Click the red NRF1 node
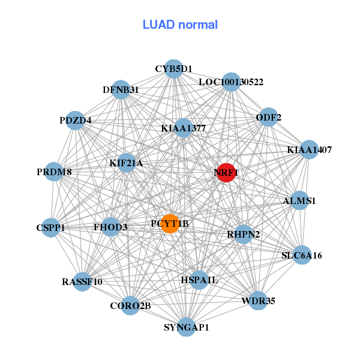pyautogui.click(x=226, y=173)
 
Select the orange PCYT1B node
pyautogui.click(x=170, y=224)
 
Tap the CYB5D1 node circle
pyautogui.click(x=173, y=69)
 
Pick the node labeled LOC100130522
pyautogui.click(x=231, y=82)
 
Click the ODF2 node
pyautogui.click(x=269, y=117)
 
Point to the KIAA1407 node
pyautogui.click(x=309, y=149)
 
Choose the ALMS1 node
pyautogui.click(x=299, y=201)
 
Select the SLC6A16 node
pyautogui.click(x=302, y=256)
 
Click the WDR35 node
pyautogui.click(x=258, y=301)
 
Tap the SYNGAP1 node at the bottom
pyautogui.click(x=187, y=327)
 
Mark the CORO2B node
pyautogui.click(x=130, y=306)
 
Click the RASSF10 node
pyautogui.click(x=82, y=281)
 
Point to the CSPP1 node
pyautogui.click(x=50, y=227)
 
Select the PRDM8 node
pyautogui.click(x=54, y=172)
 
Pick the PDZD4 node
pyautogui.click(x=75, y=121)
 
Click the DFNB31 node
pyautogui.click(x=121, y=90)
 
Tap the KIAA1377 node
pyautogui.click(x=184, y=128)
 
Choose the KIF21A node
pyautogui.click(x=126, y=163)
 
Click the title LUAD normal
pyautogui.click(x=180, y=25)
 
